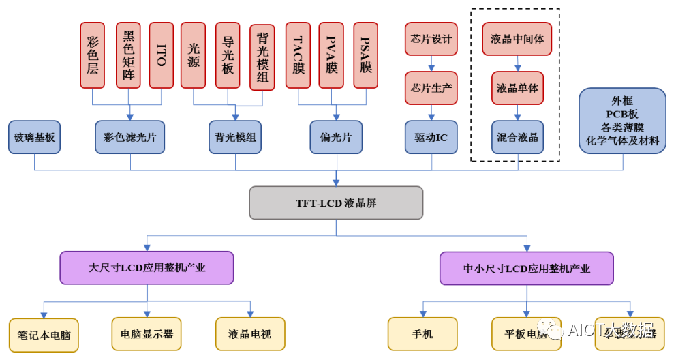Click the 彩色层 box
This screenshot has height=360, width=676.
click(x=92, y=55)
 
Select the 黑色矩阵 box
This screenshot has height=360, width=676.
click(x=127, y=55)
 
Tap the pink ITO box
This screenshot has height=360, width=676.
click(x=162, y=55)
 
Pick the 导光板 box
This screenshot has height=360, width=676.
click(x=228, y=55)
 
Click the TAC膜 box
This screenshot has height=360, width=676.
click(x=298, y=55)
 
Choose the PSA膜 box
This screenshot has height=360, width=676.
click(x=366, y=55)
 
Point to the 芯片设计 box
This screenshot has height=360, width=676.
click(x=431, y=39)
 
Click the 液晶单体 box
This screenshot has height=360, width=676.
click(x=517, y=88)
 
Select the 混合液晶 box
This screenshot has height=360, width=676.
click(x=517, y=137)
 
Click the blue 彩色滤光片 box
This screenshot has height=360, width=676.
click(x=129, y=137)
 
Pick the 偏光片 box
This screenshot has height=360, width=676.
click(x=336, y=137)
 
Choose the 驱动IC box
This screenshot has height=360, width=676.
click(x=431, y=137)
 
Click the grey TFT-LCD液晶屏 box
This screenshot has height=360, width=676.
click(x=336, y=202)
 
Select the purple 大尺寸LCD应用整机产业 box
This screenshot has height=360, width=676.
click(x=147, y=267)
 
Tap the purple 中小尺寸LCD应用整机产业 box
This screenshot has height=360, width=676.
click(x=526, y=268)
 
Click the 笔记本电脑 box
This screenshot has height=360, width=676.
click(x=44, y=335)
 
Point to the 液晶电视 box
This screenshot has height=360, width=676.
click(x=249, y=334)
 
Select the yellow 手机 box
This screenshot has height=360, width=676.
click(x=422, y=334)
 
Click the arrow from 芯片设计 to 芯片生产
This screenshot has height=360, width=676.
click(x=431, y=63)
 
